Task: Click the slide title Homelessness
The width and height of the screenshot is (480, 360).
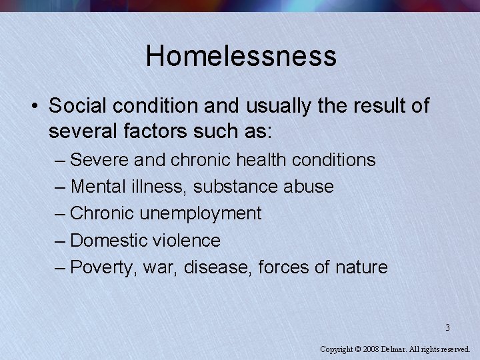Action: pyautogui.click(x=241, y=56)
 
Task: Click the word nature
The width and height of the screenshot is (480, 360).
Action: pyautogui.click(x=361, y=268)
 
